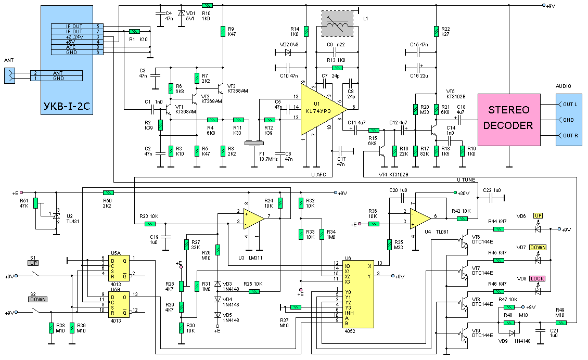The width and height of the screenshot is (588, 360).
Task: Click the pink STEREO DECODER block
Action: (509, 120)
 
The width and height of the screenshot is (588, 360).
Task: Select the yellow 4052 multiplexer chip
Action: (358, 294)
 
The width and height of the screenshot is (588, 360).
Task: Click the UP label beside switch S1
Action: (33, 263)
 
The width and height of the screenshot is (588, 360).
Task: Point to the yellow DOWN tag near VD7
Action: (538, 248)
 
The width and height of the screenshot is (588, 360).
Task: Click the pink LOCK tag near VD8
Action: (537, 279)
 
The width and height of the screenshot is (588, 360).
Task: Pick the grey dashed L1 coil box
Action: (338, 23)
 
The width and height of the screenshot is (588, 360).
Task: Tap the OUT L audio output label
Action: (570, 104)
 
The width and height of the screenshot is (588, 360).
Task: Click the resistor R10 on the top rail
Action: (207, 5)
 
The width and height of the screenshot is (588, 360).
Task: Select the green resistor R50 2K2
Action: (108, 193)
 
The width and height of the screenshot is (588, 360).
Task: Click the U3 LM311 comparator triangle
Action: (253, 219)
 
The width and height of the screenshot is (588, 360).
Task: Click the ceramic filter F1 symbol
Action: (254, 143)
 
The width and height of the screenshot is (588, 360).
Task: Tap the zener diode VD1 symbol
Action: (181, 13)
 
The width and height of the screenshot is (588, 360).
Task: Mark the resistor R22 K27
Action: (436, 31)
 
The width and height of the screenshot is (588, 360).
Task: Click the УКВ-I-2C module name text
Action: (67, 106)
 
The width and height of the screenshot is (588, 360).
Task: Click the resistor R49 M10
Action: (560, 323)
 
